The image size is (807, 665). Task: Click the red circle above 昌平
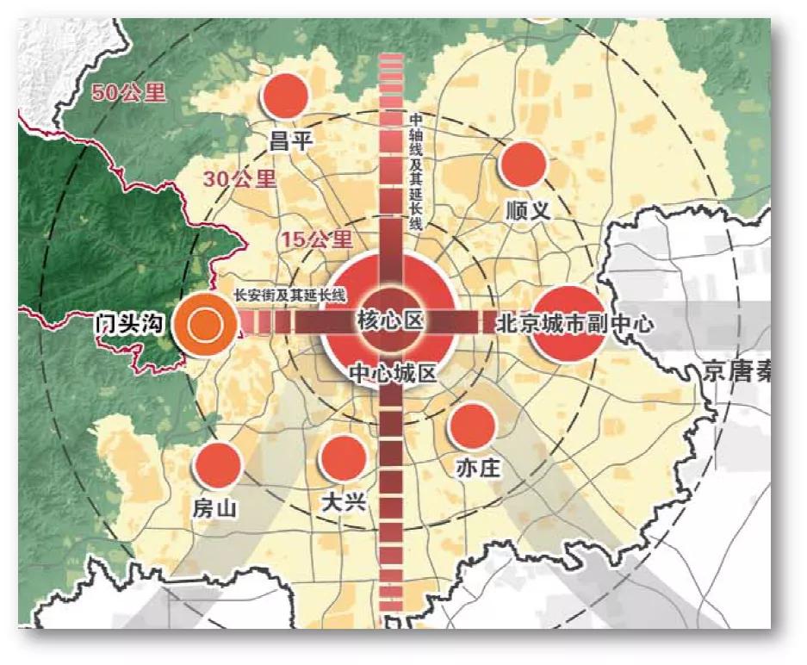coord(284,96)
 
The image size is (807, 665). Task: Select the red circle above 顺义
coord(524,165)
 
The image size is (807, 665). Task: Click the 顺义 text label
coord(528,210)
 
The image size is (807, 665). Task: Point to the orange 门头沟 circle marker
coord(203,324)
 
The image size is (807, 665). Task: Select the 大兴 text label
coord(342,501)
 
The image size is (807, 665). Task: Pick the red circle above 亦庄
coord(472,426)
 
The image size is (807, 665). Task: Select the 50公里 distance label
coord(129,93)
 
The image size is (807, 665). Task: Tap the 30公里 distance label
coord(240,179)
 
